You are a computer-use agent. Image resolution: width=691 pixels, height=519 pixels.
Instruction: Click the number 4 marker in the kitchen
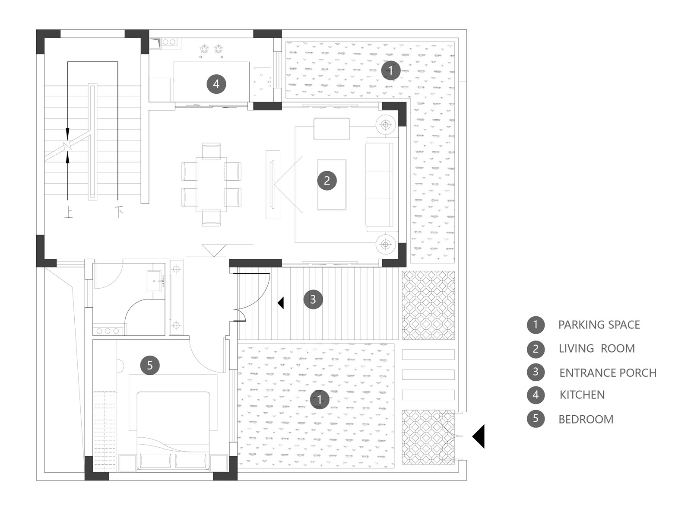click(x=216, y=84)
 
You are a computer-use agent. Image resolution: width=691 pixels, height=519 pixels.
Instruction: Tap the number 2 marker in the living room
click(x=326, y=180)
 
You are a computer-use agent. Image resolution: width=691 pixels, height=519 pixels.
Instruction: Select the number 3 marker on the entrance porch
click(x=313, y=299)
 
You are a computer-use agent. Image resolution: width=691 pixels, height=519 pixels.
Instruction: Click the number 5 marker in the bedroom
click(x=150, y=365)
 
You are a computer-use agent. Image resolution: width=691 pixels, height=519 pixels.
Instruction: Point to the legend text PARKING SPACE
click(x=599, y=325)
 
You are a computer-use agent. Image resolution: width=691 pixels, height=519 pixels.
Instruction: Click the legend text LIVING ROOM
click(x=596, y=348)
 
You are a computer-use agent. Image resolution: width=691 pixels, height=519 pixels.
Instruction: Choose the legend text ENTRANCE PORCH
click(x=608, y=373)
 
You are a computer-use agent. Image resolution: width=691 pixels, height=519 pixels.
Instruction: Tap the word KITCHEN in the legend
click(x=582, y=395)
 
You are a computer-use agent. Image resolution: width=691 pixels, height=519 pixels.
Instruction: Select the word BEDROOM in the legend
click(x=586, y=419)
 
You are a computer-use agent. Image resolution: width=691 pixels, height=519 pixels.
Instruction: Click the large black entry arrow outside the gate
click(x=479, y=436)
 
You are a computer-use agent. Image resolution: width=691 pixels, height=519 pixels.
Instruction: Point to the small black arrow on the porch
click(x=281, y=303)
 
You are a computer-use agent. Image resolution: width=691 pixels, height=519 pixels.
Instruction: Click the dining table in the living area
click(x=211, y=185)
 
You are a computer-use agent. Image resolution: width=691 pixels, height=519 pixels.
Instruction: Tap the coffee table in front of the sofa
click(x=332, y=185)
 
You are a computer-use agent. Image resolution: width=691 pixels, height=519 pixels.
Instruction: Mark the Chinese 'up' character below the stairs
click(x=68, y=212)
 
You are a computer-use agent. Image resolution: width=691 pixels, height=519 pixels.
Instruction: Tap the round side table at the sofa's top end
click(x=386, y=125)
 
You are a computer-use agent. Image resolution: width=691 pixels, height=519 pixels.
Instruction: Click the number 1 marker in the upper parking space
click(x=390, y=70)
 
